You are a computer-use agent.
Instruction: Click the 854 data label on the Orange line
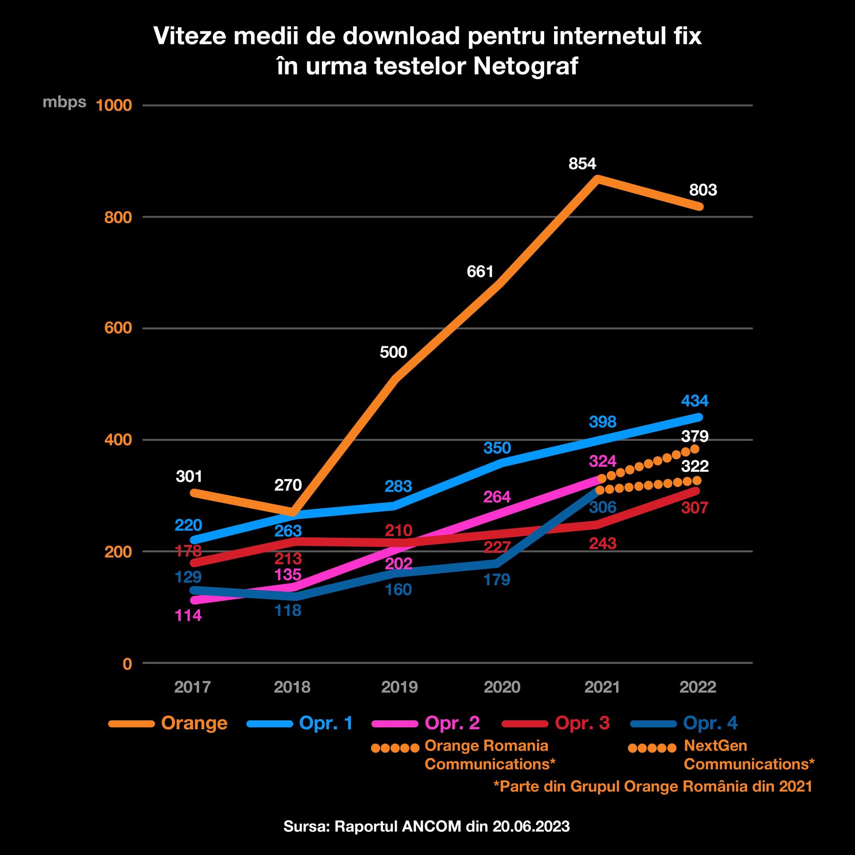tap(582, 164)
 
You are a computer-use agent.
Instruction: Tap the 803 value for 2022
tap(703, 190)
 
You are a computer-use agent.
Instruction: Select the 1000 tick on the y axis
tap(114, 105)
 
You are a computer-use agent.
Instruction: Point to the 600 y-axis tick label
tap(118, 328)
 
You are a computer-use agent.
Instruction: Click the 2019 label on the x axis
tap(399, 687)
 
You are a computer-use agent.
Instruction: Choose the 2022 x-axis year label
tap(697, 687)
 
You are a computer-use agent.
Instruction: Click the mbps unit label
tap(64, 102)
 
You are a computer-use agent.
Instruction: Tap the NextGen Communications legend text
tap(749, 755)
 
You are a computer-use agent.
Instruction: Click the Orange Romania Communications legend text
tap(489, 755)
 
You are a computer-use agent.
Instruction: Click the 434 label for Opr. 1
tap(695, 401)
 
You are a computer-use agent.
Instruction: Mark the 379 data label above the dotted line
tap(695, 436)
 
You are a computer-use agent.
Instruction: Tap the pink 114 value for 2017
tap(189, 616)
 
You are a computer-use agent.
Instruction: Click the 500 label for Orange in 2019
tap(393, 352)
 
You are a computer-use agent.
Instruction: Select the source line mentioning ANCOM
tap(427, 826)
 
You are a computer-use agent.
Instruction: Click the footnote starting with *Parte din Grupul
tap(653, 787)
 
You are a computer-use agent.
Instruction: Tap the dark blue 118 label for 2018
tap(288, 611)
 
